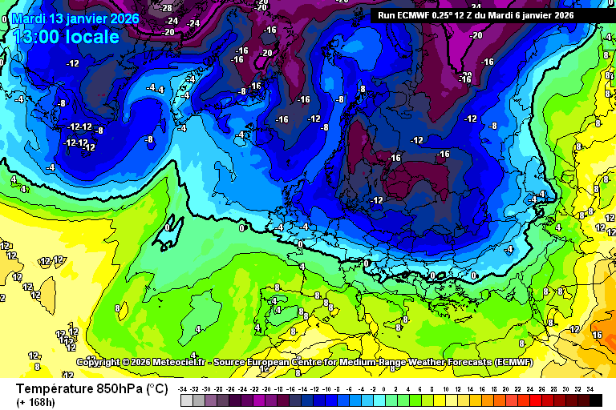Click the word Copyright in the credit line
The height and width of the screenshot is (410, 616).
click(99, 362)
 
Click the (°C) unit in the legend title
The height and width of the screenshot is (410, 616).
click(156, 388)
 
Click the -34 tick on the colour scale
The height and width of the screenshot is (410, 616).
click(184, 388)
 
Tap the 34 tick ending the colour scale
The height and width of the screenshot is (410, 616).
click(590, 388)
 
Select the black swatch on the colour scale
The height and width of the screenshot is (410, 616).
click(595, 400)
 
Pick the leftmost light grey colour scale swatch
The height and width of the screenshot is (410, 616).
click(186, 400)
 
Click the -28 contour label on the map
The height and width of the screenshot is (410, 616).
click(168, 8)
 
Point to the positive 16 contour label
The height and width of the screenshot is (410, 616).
click(596, 335)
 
